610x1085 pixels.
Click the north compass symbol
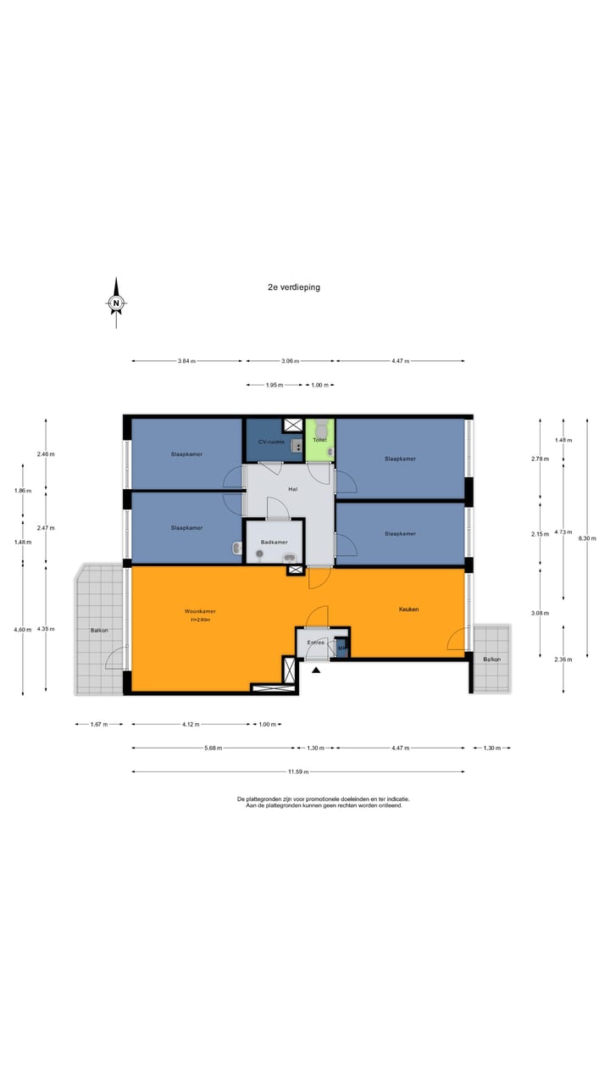click(116, 303)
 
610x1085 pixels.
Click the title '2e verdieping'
click(294, 287)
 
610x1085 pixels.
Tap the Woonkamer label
click(200, 611)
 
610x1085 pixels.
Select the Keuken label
click(409, 609)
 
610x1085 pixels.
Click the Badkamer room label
click(274, 542)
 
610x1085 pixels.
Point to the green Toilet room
click(319, 440)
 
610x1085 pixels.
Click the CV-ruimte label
click(271, 442)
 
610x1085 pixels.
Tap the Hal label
click(292, 489)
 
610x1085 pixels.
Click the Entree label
click(315, 643)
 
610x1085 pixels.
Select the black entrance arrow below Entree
click(317, 670)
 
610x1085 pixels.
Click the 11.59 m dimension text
click(297, 772)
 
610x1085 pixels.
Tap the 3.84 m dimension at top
click(186, 361)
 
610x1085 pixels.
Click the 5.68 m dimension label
click(212, 748)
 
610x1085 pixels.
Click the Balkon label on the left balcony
click(99, 631)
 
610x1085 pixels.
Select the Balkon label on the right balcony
click(491, 659)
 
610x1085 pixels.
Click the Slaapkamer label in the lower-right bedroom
click(400, 533)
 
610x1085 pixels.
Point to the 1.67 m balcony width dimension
click(98, 725)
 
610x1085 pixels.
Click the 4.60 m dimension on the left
click(23, 629)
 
